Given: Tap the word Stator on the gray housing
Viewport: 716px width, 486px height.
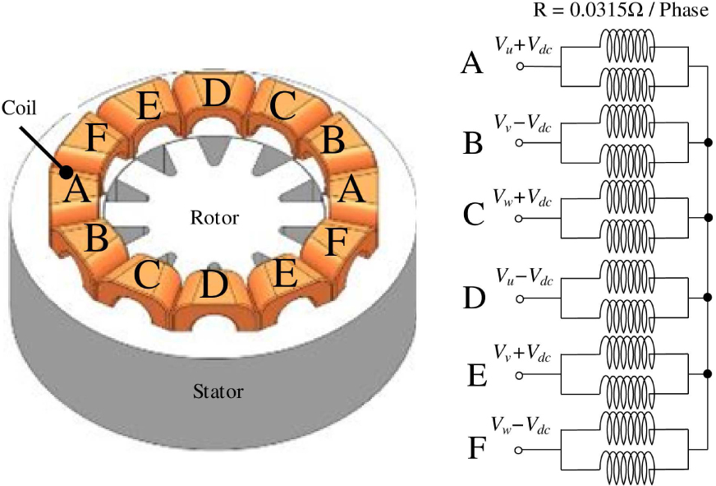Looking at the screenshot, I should coord(218,391).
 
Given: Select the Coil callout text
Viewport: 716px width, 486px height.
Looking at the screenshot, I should coord(19,108).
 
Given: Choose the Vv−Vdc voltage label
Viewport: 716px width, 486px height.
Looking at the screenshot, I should coord(522,123).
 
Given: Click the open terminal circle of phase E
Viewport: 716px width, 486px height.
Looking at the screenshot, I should coord(520,374).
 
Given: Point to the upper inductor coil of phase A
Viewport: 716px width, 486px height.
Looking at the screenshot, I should coord(627,46).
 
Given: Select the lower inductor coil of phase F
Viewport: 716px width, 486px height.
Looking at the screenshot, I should coord(627,470).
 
